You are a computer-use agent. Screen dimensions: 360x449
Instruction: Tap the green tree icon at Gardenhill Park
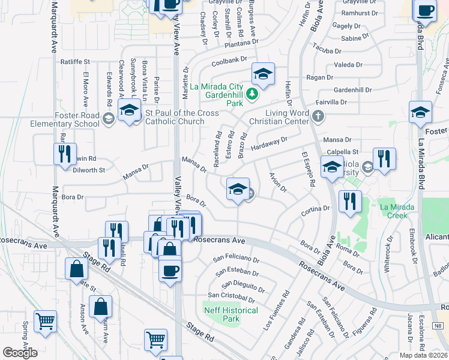(x=253, y=93)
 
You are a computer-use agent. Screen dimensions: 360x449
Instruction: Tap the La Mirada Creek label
(x=397, y=211)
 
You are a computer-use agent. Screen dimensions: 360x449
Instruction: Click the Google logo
(x=20, y=353)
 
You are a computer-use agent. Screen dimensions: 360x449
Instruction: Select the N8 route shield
(x=439, y=325)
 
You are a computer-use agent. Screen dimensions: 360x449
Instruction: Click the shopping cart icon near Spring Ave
(x=46, y=322)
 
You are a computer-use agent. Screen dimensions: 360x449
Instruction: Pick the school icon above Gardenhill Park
(x=263, y=74)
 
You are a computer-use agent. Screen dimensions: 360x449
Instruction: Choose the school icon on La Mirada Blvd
(x=421, y=112)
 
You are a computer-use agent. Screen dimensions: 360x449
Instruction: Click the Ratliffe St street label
(x=74, y=61)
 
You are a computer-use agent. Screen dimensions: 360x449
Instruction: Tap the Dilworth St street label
(x=89, y=170)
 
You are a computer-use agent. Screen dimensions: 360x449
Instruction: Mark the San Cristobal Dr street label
(x=231, y=295)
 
